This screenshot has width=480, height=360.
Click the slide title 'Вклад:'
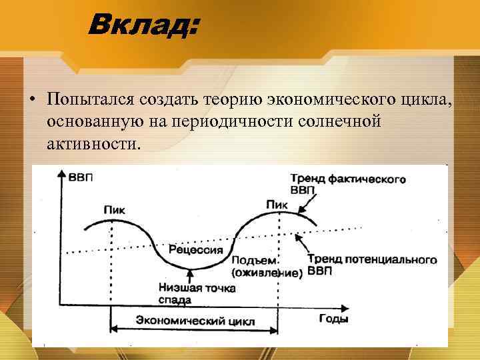click(144, 27)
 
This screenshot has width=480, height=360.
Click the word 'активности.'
click(93, 143)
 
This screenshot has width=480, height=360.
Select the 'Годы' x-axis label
click(333, 319)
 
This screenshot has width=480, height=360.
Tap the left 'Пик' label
click(115, 210)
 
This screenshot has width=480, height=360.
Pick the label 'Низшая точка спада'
click(187, 294)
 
